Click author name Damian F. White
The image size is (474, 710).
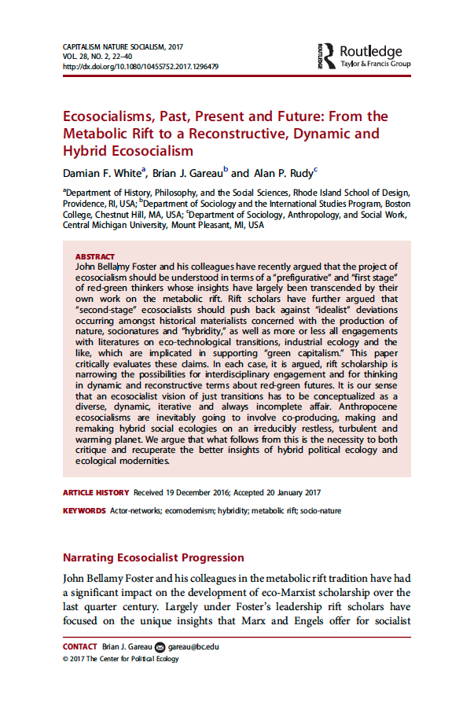point(102,173)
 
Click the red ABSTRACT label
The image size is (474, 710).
point(95,256)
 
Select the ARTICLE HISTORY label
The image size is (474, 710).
point(96,492)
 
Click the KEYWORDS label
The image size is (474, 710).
point(84,511)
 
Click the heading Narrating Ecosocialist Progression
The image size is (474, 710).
point(153,557)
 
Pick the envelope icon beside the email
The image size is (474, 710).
point(161,647)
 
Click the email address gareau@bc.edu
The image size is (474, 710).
point(193,647)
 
